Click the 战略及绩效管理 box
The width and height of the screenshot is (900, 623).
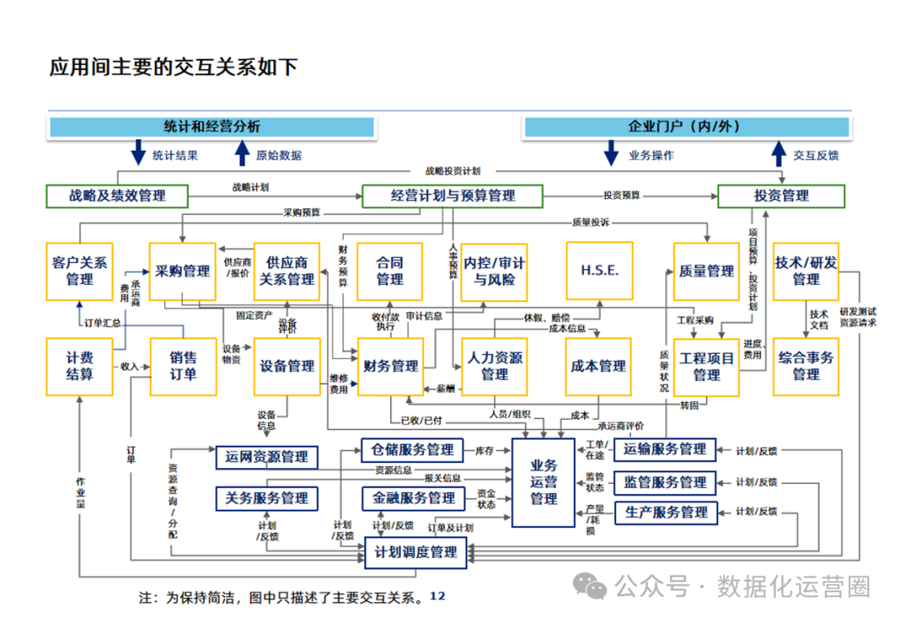coord(117,197)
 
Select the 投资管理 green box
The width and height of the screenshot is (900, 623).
coord(781,197)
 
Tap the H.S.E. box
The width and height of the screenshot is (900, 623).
coord(599,271)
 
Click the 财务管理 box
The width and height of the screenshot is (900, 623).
coord(391,366)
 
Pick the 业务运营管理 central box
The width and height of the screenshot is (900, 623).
coord(543,482)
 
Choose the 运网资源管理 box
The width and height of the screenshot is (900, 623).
coord(267,456)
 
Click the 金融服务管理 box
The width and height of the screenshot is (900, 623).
coord(412,498)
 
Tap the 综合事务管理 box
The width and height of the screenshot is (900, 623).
coord(806,366)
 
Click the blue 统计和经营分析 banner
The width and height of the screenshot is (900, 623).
coord(212,127)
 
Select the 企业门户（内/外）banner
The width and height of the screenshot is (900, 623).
coord(685,127)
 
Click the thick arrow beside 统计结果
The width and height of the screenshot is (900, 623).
coord(139,154)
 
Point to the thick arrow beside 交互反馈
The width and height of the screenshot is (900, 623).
coord(778,154)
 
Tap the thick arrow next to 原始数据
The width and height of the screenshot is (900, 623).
coord(242,154)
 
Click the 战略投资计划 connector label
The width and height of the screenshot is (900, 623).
coord(452,171)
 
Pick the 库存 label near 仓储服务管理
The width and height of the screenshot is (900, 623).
coord(484,451)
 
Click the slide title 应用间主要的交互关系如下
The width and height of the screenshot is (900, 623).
coord(173,67)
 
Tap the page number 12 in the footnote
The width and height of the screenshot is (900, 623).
coord(437,596)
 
